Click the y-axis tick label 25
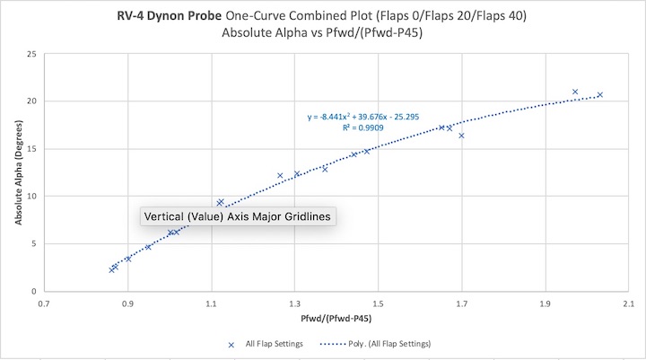pos(31,54)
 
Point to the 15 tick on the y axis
pos(31,149)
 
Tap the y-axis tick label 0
pos(34,292)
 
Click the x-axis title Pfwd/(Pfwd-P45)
pos(337,318)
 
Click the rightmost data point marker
pos(599,95)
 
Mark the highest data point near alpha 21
pos(575,92)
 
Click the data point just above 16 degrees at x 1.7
pos(461,136)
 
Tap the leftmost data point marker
pos(111,269)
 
